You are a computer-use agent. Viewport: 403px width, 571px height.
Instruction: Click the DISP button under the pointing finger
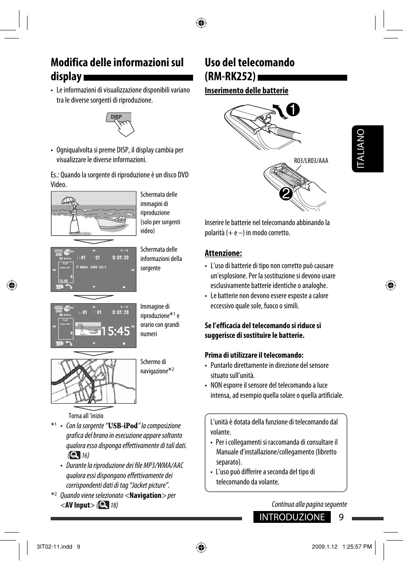click(x=117, y=117)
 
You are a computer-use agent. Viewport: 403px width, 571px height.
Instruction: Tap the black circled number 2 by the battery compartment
click(x=286, y=194)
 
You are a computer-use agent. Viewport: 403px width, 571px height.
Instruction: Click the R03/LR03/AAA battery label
click(x=311, y=160)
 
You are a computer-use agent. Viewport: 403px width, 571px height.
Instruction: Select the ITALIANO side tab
click(x=367, y=149)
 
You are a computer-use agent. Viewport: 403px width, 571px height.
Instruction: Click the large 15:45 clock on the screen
click(x=115, y=331)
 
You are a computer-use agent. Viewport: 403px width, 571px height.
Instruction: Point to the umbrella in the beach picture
click(x=68, y=201)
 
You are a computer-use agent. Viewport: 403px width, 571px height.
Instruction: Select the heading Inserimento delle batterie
click(x=246, y=90)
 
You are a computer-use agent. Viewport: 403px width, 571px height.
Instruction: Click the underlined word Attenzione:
click(x=223, y=253)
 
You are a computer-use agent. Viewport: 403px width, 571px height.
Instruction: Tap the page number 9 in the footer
click(x=341, y=517)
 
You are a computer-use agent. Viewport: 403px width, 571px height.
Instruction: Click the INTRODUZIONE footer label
click(x=292, y=517)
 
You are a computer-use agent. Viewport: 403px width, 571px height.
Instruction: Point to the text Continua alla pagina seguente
click(x=309, y=504)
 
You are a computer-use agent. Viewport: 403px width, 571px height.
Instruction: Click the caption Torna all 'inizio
click(x=86, y=416)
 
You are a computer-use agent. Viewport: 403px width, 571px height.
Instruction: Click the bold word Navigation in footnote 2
click(x=145, y=495)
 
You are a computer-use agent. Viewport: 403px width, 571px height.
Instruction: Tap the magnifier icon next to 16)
click(x=74, y=455)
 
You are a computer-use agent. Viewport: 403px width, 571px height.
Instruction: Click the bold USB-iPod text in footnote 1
click(x=123, y=426)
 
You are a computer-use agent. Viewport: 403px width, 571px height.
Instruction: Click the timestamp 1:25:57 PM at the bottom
click(x=357, y=547)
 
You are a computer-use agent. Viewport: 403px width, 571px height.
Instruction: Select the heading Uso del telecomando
click(x=250, y=63)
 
